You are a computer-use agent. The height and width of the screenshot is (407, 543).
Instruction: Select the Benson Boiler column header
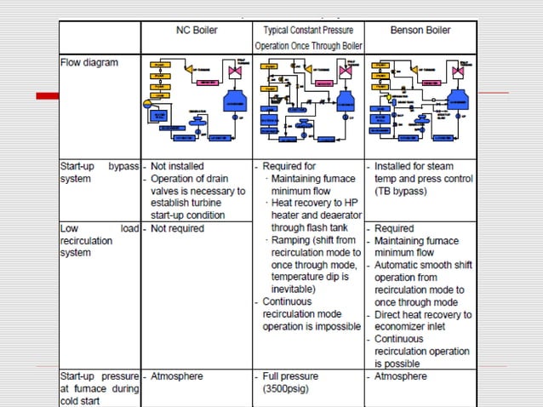click(x=420, y=31)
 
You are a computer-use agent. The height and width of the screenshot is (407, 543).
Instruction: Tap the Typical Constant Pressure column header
click(x=308, y=31)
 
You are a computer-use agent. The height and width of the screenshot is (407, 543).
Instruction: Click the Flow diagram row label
click(x=89, y=62)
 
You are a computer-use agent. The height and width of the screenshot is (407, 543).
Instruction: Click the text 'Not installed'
click(x=177, y=166)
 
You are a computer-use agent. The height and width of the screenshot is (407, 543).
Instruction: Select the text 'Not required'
click(x=176, y=229)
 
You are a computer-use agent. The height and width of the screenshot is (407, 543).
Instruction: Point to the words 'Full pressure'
click(x=290, y=375)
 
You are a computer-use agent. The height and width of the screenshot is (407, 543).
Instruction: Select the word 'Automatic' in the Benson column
click(x=400, y=265)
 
